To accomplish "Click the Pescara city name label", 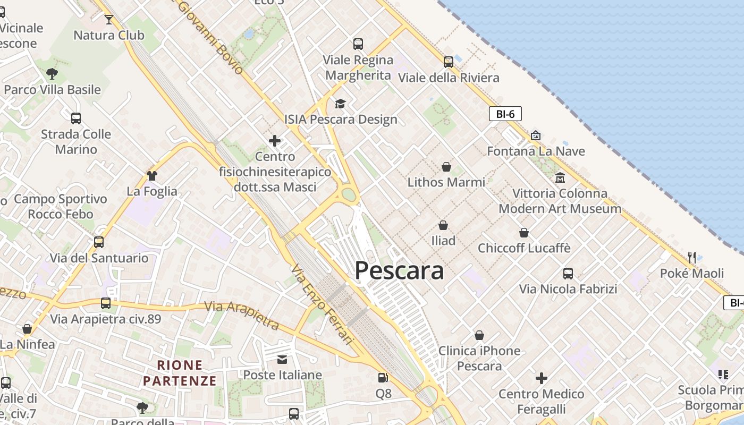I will coord(399,270).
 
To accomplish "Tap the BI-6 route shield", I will coord(505,114).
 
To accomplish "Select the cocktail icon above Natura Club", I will coord(109,20).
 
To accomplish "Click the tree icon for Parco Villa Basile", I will coord(52,74).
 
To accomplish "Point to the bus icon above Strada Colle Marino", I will coord(76,118).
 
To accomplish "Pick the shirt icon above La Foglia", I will coord(152,175).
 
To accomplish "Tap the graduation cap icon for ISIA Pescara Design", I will coord(340,104).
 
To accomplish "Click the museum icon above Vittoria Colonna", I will coord(560,177).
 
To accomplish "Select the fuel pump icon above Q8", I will coord(383,378).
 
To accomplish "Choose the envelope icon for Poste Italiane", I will coord(282,360).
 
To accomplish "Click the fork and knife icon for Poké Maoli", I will coord(691,258).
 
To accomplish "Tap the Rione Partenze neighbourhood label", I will coord(180,373).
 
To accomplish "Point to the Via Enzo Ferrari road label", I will coord(323,304).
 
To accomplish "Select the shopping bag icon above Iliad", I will coord(443,225).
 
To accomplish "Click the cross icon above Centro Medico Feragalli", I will coord(542,378).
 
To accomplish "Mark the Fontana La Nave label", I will coord(536,151).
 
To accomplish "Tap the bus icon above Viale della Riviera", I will coord(449,62).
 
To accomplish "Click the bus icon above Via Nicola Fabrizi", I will coord(568,274).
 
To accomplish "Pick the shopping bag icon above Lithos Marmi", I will coord(446,167).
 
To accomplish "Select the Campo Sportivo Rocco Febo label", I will coord(61,207).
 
